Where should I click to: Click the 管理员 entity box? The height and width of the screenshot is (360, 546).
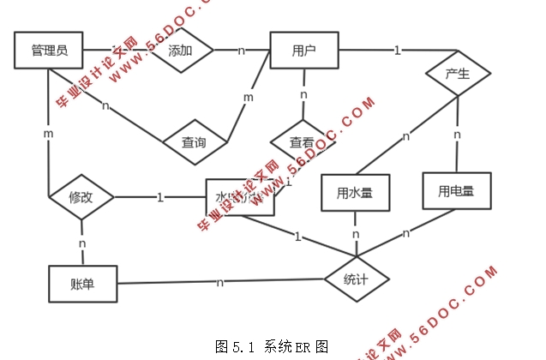tap(48, 51)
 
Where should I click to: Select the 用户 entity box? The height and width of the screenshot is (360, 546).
tap(304, 51)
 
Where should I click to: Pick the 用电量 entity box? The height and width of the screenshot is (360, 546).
tap(456, 190)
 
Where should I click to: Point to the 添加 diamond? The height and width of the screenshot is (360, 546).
tap(180, 51)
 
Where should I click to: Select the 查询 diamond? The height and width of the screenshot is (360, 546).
tap(194, 142)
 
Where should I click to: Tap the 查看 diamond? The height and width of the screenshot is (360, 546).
tap(302, 142)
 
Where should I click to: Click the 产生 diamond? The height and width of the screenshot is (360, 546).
tap(458, 74)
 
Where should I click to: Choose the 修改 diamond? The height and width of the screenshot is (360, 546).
tap(81, 198)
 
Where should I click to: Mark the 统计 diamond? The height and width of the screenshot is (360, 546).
tap(357, 279)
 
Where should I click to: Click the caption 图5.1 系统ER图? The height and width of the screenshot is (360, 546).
tap(272, 346)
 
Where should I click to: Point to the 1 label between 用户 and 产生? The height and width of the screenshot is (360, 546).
tap(397, 51)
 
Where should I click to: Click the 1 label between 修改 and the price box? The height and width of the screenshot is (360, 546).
tap(160, 197)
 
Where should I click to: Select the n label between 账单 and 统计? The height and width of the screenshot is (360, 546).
tap(220, 281)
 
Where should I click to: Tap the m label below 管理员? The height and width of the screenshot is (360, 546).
tap(49, 135)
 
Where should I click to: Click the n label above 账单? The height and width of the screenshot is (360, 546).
tap(82, 244)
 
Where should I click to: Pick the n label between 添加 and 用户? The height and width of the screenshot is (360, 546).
tap(241, 51)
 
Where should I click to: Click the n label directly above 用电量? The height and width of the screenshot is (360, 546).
tap(457, 135)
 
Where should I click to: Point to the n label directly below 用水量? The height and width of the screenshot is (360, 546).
tap(355, 234)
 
